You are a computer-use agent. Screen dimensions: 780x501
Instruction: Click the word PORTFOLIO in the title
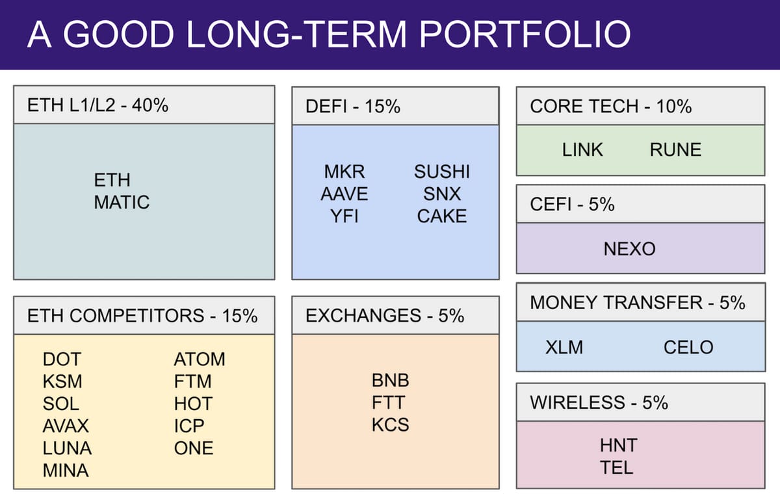(525, 34)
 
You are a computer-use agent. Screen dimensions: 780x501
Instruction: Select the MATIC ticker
(122, 202)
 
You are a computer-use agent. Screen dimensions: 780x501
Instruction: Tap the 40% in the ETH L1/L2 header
(150, 105)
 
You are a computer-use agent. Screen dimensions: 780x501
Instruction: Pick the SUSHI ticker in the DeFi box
(442, 172)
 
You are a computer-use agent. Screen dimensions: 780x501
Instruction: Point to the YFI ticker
(344, 216)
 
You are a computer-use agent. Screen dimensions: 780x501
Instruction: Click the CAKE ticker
(442, 216)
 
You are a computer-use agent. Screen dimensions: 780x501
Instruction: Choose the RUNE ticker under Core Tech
(675, 149)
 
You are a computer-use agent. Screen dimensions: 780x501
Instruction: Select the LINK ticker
(582, 149)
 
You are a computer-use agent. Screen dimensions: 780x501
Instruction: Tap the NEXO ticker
(630, 249)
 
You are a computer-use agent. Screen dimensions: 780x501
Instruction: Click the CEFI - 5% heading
(572, 205)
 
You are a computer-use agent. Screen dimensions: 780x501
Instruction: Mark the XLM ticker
(564, 347)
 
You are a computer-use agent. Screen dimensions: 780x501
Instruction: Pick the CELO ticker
(688, 347)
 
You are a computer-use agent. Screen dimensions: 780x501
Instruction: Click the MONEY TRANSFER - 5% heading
(638, 302)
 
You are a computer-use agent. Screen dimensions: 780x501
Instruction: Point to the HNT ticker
(618, 445)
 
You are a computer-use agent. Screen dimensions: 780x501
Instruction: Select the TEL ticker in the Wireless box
(616, 468)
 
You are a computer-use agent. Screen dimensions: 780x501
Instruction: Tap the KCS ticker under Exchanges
(391, 425)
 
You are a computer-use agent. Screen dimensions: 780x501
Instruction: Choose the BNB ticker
(391, 380)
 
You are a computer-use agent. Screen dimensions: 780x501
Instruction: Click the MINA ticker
(66, 470)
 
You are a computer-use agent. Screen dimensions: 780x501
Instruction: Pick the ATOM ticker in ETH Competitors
(200, 359)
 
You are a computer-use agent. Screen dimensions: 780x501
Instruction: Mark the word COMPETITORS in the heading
(137, 316)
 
